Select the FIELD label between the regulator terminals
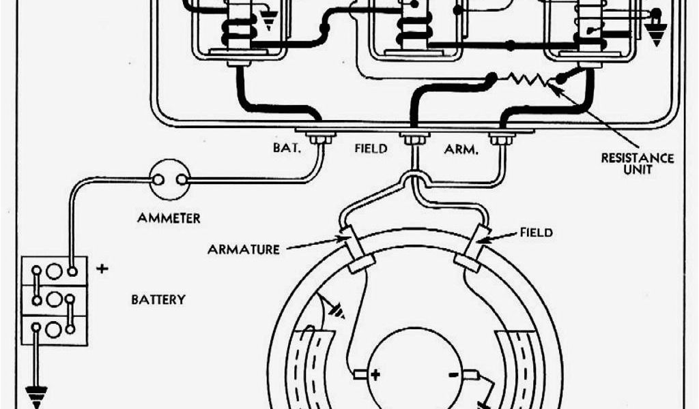coord(370,147)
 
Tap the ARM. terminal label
coord(461,148)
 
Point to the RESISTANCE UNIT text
coord(636,164)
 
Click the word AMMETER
coord(169,218)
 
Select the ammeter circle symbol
coord(169,180)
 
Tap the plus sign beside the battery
coord(102,268)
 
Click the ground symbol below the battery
coord(35,394)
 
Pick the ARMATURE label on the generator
coord(244,249)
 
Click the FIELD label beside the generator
coord(536,232)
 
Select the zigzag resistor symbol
coord(526,80)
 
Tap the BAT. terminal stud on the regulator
coord(319,139)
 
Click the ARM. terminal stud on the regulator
coord(502,139)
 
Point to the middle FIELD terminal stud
coord(412,139)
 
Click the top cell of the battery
coord(55,271)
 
